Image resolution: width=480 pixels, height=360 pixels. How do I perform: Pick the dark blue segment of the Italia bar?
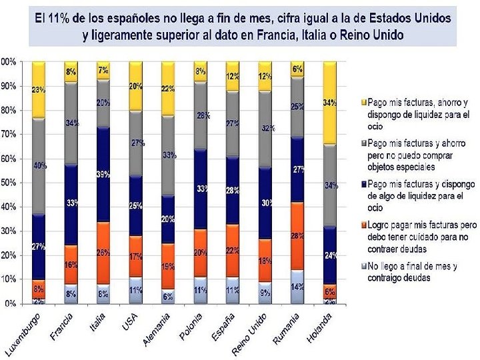click(x=103, y=175)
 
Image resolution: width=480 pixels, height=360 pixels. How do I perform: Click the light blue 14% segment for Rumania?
click(x=297, y=287)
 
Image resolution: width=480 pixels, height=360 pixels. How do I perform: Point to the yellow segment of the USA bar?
click(x=135, y=85)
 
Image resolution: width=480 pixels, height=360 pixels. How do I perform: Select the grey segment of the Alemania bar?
click(x=168, y=156)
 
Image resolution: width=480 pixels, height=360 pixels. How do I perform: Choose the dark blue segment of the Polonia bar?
click(x=200, y=189)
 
